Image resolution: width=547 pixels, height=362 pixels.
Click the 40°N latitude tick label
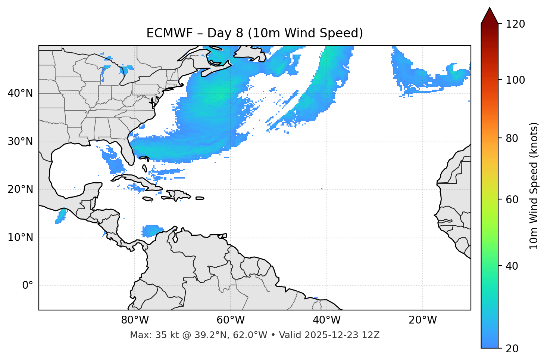point(20,93)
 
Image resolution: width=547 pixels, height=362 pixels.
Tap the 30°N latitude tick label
point(20,142)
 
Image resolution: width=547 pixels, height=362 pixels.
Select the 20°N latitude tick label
point(20,189)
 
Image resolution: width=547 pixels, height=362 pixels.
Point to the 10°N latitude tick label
point(20,238)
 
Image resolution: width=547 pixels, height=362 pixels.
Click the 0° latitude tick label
point(28,286)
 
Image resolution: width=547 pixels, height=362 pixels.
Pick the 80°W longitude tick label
point(135,320)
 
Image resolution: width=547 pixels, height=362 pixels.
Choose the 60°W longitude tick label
point(231,320)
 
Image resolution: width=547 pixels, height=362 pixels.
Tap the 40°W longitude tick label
point(326,320)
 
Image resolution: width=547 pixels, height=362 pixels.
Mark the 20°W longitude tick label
point(423,320)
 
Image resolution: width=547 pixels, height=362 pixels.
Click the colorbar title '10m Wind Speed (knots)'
point(534,186)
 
